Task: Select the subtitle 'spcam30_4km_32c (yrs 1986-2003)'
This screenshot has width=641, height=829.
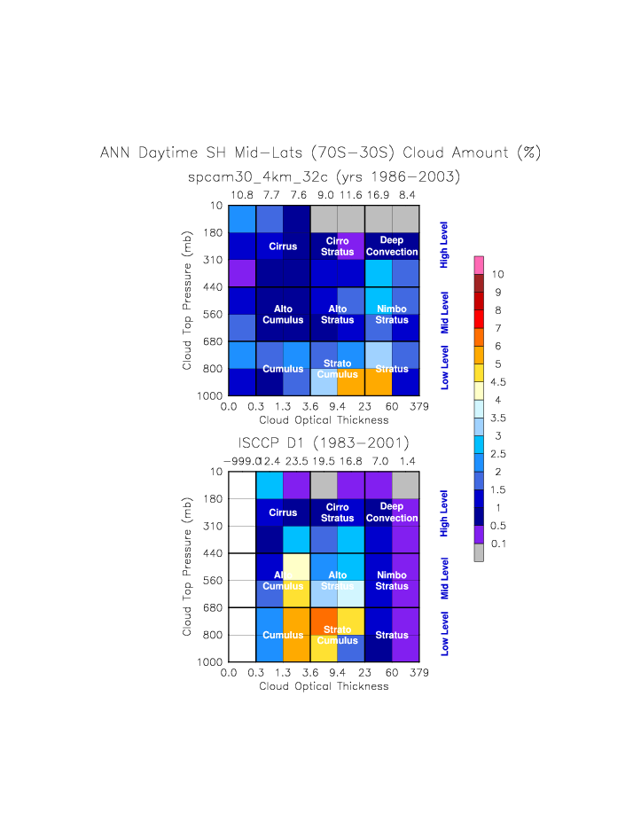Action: click(324, 176)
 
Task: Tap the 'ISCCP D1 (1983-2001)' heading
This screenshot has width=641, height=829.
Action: click(324, 442)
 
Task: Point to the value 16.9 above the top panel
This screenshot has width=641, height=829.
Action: click(379, 194)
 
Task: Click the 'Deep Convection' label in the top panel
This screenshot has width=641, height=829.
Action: click(391, 246)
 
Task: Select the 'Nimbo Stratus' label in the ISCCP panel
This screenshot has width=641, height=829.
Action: click(391, 580)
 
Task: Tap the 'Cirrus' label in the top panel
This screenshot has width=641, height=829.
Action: click(283, 246)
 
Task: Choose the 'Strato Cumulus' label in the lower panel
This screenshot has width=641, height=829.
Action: click(337, 635)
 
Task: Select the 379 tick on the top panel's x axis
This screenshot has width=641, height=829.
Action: click(419, 407)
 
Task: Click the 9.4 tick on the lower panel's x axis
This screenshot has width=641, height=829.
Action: click(337, 673)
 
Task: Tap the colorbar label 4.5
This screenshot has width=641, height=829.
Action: click(497, 383)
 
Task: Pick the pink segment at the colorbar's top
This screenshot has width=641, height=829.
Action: click(479, 264)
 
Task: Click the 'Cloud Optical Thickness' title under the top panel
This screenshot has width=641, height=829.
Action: click(323, 419)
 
